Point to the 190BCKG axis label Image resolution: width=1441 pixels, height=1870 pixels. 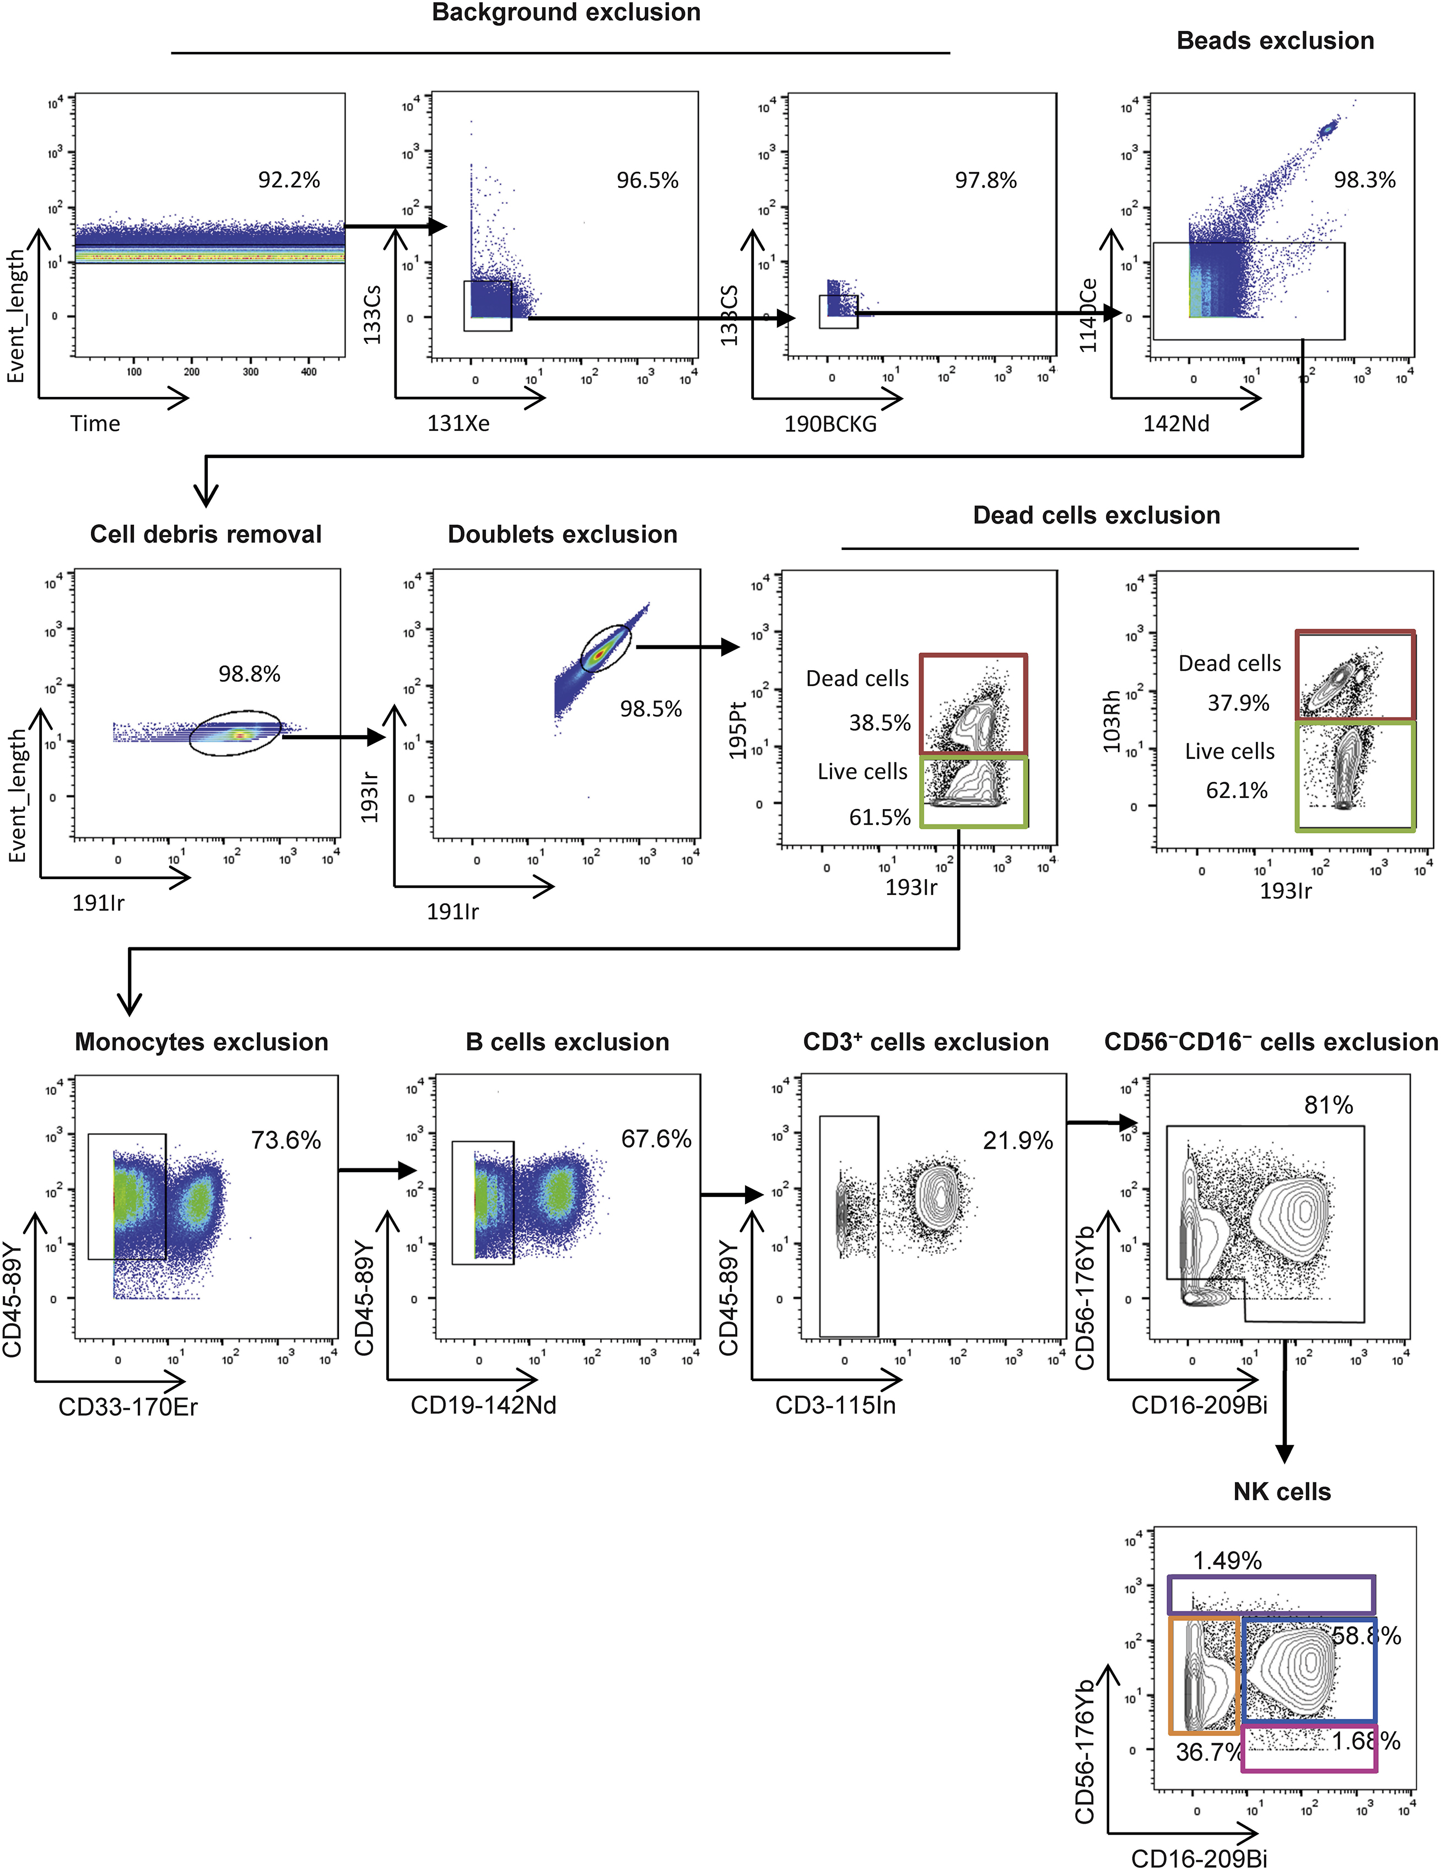(830, 424)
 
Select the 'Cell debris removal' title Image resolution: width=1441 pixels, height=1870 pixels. (206, 534)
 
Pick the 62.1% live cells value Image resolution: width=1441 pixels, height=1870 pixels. (1237, 790)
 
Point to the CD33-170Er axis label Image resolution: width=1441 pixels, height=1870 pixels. (128, 1408)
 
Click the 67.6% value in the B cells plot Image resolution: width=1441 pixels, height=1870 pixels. (656, 1139)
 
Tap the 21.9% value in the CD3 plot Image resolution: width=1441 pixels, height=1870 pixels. (1017, 1140)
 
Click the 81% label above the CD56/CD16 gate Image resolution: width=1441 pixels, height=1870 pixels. (1328, 1106)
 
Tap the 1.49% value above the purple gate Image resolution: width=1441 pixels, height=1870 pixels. (1227, 1561)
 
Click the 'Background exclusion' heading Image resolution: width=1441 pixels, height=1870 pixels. (566, 13)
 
